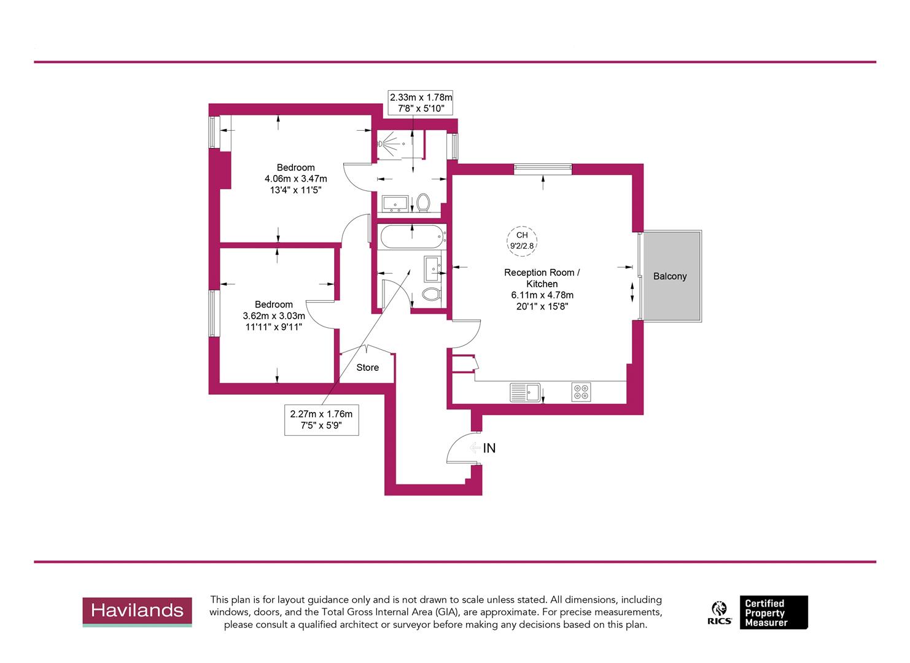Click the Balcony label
(669, 276)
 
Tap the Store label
(367, 367)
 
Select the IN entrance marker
(489, 448)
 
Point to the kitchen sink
(524, 392)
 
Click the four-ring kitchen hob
(581, 392)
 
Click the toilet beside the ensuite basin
(423, 202)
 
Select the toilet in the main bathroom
(432, 293)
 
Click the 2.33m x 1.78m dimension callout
(421, 103)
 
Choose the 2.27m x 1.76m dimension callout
(321, 419)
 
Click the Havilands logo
(137, 611)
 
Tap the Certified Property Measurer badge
(773, 612)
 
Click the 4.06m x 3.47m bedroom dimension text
(296, 179)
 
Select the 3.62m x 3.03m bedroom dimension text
(274, 316)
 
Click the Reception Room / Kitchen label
(542, 278)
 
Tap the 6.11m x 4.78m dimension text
(542, 295)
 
